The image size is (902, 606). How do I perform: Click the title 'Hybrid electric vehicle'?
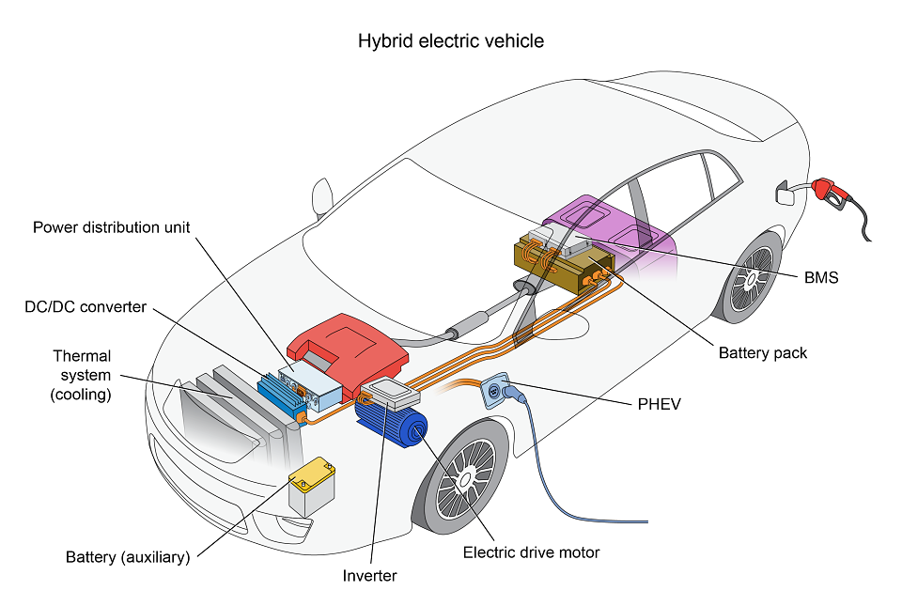click(x=450, y=41)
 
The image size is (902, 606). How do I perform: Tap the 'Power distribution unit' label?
click(x=111, y=227)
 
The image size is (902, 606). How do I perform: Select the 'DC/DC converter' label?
click(x=86, y=307)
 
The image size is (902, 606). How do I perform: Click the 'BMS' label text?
click(x=821, y=278)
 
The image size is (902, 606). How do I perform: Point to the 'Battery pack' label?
click(x=763, y=353)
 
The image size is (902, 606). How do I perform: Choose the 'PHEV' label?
click(x=660, y=404)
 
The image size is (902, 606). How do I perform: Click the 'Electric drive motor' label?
click(x=531, y=552)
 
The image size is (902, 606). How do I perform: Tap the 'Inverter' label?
click(x=369, y=576)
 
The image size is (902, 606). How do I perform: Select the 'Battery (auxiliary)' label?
click(x=128, y=557)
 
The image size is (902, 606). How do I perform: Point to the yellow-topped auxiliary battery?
click(x=312, y=486)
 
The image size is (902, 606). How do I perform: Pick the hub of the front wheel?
click(x=466, y=478)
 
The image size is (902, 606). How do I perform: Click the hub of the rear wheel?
click(x=751, y=280)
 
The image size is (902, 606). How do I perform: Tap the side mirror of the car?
click(x=322, y=197)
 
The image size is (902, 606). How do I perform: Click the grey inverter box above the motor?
click(x=390, y=394)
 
